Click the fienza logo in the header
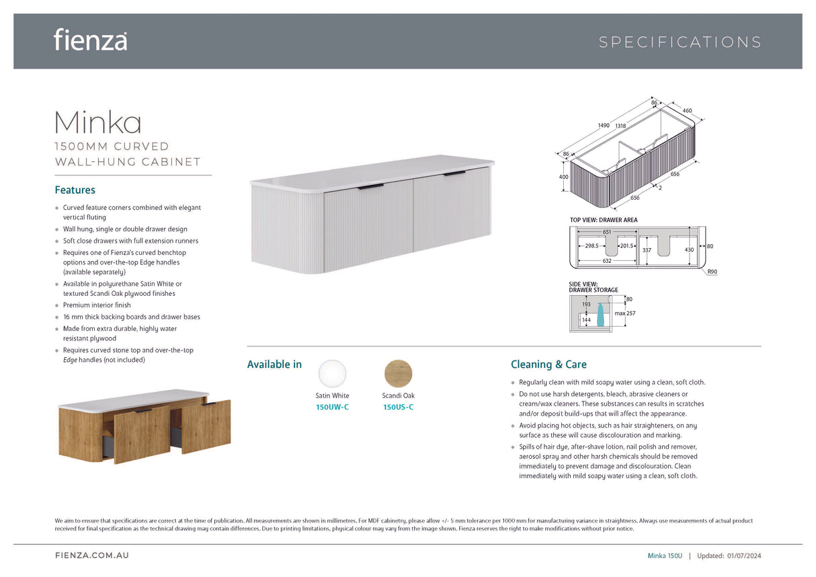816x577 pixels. tap(90, 40)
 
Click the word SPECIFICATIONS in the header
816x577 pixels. tap(680, 42)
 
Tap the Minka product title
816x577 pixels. tap(97, 122)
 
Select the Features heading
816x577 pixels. tap(75, 190)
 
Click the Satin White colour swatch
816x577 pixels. tap(332, 374)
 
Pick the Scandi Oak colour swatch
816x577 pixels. tap(398, 374)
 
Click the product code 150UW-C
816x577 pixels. tap(332, 407)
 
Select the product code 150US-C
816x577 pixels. tap(398, 407)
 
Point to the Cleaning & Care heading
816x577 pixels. tap(548, 364)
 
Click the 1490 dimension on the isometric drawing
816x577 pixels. tap(604, 125)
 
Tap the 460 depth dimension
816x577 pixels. tap(687, 110)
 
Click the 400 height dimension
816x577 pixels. tap(563, 177)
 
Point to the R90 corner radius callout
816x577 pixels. tap(712, 272)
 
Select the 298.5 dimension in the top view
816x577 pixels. tap(591, 245)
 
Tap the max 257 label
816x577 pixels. tap(625, 313)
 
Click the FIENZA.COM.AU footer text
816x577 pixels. tap(92, 555)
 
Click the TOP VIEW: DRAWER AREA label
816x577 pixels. tap(604, 220)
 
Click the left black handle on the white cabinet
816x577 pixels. tap(370, 187)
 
